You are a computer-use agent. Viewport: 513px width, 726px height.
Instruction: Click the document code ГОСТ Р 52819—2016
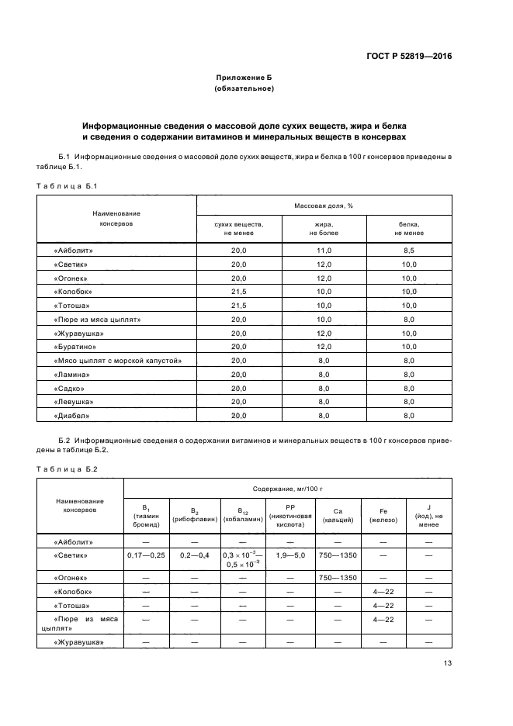tap(408, 57)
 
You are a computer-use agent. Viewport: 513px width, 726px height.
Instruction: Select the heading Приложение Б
tap(244, 78)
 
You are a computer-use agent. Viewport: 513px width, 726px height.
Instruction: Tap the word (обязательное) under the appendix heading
tap(244, 89)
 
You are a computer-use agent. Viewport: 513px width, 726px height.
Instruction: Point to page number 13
tap(447, 662)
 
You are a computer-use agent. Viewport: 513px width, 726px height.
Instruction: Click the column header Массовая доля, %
tap(324, 206)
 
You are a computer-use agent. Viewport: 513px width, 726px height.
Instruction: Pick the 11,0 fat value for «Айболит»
tap(324, 251)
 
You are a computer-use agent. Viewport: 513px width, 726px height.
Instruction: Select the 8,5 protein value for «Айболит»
tap(409, 251)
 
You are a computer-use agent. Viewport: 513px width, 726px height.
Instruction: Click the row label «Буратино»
tap(75, 347)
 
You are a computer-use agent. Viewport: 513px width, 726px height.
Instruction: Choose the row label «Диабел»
tap(71, 416)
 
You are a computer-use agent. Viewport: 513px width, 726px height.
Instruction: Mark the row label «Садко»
tap(69, 388)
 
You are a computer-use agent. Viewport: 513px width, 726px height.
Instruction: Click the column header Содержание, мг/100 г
tap(287, 489)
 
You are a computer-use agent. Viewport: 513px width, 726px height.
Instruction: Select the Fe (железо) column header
tap(383, 515)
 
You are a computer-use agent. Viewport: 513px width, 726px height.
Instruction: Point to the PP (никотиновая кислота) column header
tap(290, 515)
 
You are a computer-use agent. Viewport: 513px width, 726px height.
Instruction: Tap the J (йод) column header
tap(428, 515)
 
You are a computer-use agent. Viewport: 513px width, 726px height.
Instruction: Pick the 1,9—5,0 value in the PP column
tap(290, 555)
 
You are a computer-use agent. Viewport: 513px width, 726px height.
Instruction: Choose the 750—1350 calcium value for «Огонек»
tap(337, 578)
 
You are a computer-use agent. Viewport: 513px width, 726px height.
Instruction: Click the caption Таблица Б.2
tap(68, 468)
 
